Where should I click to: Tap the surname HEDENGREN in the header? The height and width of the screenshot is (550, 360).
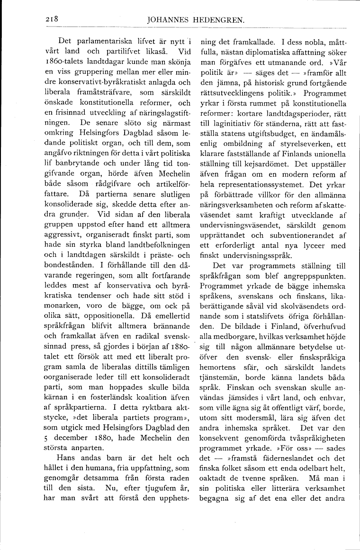point(221,20)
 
